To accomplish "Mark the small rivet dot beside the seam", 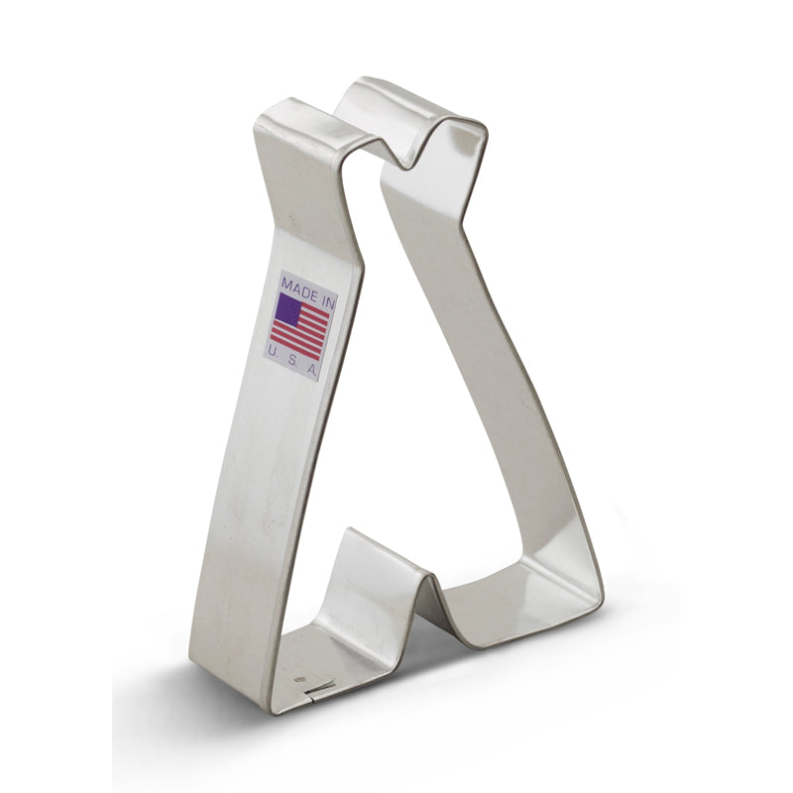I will [x=298, y=679].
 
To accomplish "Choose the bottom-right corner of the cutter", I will [x=595, y=600].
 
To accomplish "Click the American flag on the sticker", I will [x=300, y=325].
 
